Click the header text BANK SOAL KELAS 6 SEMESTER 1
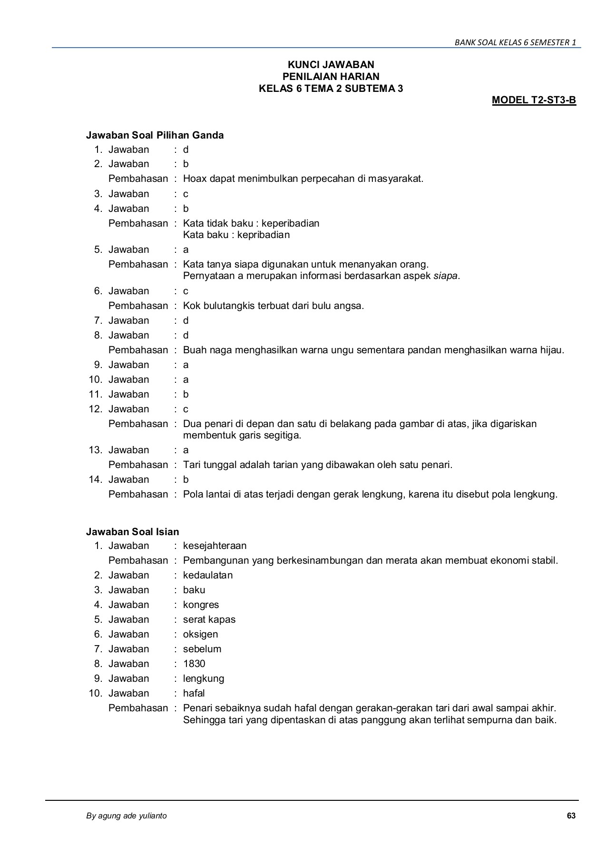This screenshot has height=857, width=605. tap(515, 42)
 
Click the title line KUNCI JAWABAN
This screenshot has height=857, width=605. tap(331, 65)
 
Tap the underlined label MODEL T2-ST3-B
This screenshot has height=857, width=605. tap(534, 100)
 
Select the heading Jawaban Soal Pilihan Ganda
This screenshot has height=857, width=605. tap(155, 135)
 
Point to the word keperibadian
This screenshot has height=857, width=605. tap(290, 223)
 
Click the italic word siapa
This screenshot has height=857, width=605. tap(445, 276)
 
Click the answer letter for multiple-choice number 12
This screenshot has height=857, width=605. tap(185, 409)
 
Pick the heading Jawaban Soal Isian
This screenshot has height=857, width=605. tap(132, 532)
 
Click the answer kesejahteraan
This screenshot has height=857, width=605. tap(215, 546)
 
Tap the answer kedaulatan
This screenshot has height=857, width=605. tap(208, 575)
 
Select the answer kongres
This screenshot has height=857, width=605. tap(201, 605)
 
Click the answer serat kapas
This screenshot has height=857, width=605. tap(209, 619)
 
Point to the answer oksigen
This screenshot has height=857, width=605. tap(200, 634)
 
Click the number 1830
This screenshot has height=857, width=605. tap(194, 664)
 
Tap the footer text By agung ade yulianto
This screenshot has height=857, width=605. tap(126, 816)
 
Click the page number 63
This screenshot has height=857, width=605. tap(571, 816)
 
